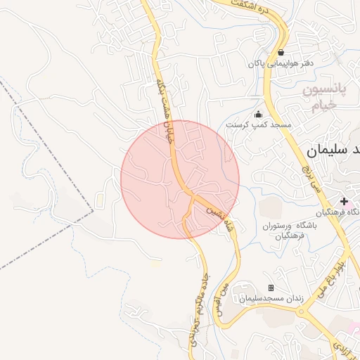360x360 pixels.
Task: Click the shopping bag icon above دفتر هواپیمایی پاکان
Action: coord(281,52)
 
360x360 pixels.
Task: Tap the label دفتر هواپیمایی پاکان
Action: coord(280,64)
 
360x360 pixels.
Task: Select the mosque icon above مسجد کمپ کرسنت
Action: coord(258,115)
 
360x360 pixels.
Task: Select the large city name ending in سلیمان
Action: coord(333,150)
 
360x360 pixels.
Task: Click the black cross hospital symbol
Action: coord(344,202)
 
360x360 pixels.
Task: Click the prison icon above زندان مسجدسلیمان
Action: coord(271,288)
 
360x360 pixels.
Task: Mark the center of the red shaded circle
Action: coord(180,179)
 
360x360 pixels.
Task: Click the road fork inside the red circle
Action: coord(193,196)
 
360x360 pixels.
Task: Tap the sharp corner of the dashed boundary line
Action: coord(93,210)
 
